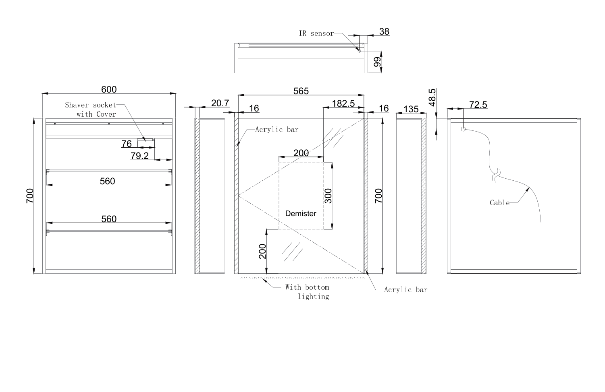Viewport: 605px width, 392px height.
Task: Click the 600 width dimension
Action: [109, 89]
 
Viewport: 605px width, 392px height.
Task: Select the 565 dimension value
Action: [301, 91]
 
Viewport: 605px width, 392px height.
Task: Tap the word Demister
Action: [301, 214]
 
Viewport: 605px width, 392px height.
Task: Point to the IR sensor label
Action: [316, 33]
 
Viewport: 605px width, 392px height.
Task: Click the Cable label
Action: [500, 203]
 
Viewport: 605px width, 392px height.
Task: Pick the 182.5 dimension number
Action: [343, 103]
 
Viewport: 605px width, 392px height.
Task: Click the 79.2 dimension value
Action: [139, 156]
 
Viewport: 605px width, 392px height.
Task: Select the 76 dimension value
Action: [127, 144]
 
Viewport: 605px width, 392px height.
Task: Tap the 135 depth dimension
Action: [411, 109]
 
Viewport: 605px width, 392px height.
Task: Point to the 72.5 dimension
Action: [478, 105]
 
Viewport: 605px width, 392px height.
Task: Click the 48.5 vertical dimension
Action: [432, 97]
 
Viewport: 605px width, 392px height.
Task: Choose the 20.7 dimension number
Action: [220, 103]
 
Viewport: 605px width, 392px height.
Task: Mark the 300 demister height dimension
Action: [328, 196]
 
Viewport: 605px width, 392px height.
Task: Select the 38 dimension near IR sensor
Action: [385, 31]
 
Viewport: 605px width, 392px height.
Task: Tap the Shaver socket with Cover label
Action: [90, 109]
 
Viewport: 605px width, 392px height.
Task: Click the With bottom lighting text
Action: [308, 292]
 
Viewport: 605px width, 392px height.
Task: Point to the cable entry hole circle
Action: [463, 129]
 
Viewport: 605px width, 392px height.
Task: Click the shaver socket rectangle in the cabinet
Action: [146, 140]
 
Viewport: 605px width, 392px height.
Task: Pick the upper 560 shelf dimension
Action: [108, 181]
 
